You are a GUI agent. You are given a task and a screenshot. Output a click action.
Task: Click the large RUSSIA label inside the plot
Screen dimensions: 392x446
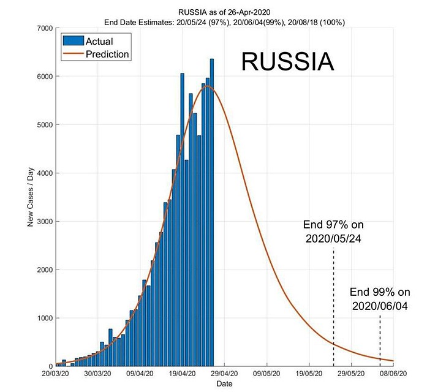tap(287, 62)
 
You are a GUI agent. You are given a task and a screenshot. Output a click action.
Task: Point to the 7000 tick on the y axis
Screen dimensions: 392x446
tap(43, 28)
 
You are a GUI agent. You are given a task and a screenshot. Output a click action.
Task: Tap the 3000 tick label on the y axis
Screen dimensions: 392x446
tap(43, 221)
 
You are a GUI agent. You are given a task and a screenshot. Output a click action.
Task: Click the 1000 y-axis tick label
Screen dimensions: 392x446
tap(43, 318)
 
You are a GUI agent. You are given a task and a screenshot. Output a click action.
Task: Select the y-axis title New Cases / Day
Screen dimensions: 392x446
tap(30, 197)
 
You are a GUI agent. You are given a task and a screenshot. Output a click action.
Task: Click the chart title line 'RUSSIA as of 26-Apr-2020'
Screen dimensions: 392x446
tap(224, 12)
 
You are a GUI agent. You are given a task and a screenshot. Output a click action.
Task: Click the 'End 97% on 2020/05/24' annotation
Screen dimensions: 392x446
tap(334, 231)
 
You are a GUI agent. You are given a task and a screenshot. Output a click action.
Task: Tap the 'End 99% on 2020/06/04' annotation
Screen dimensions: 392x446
tap(380, 298)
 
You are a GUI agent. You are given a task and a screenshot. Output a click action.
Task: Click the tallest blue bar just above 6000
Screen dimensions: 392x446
tap(212, 214)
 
